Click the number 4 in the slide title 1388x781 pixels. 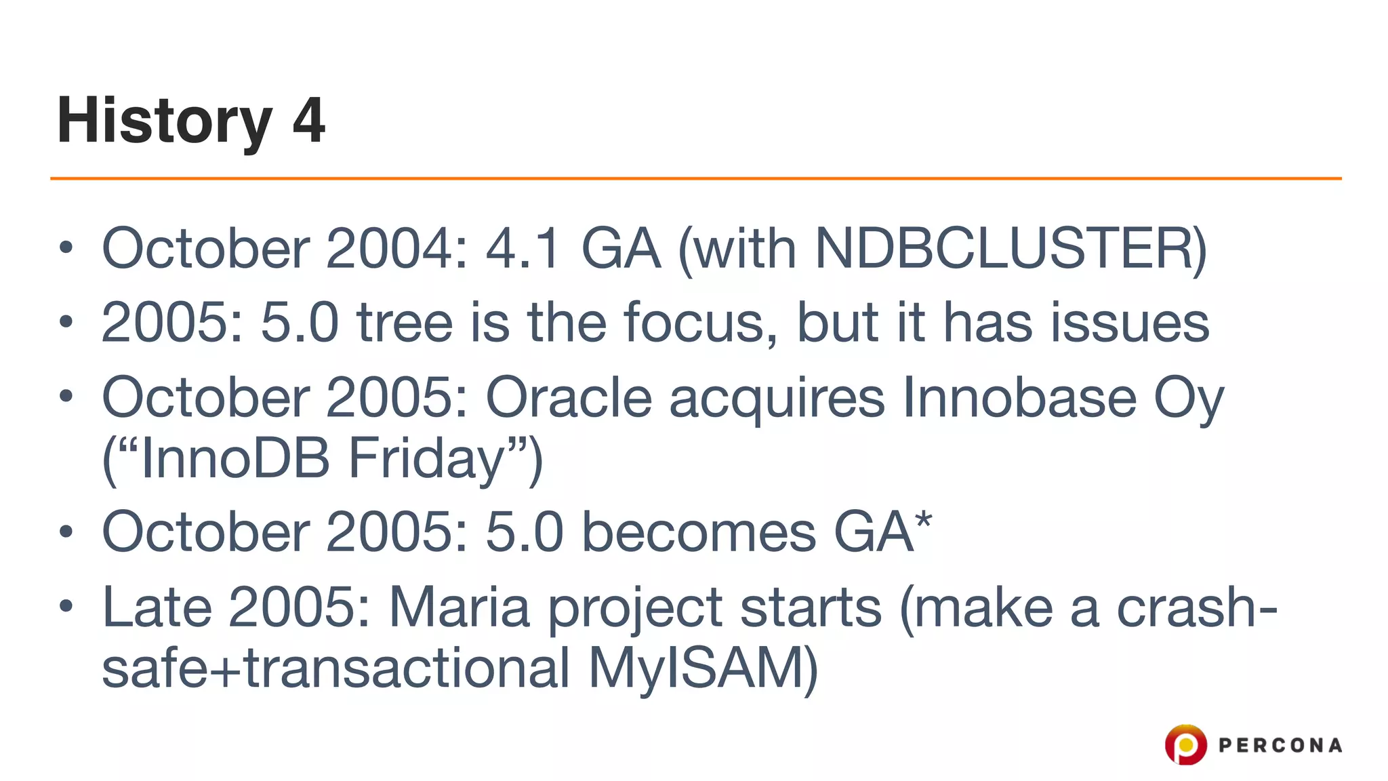pyautogui.click(x=309, y=121)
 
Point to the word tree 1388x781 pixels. pyautogui.click(x=405, y=323)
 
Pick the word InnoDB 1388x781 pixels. pyautogui.click(x=234, y=458)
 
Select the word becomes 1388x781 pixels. pyautogui.click(x=698, y=533)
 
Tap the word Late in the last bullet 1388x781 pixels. pyautogui.click(x=157, y=607)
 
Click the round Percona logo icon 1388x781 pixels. pyautogui.click(x=1185, y=745)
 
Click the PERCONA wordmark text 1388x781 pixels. pyautogui.click(x=1280, y=746)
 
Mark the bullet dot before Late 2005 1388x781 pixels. pyautogui.click(x=66, y=606)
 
